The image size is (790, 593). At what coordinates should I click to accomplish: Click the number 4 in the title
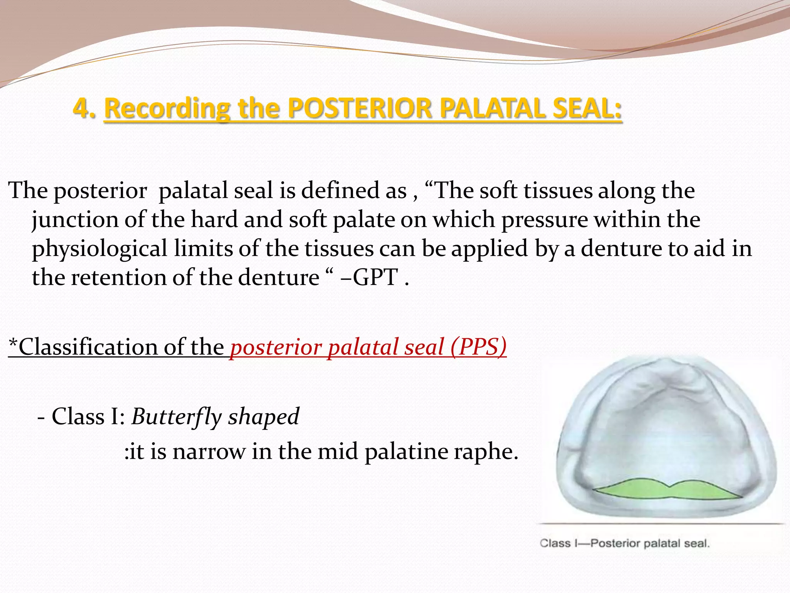(x=82, y=108)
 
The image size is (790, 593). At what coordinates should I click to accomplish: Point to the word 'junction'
(x=75, y=220)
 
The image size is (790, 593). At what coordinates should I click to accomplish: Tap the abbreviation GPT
(x=375, y=277)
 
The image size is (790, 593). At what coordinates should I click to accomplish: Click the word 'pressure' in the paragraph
(x=544, y=220)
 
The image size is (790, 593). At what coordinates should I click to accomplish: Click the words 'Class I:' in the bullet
(x=88, y=417)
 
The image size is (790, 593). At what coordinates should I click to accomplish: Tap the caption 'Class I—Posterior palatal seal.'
(x=625, y=543)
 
